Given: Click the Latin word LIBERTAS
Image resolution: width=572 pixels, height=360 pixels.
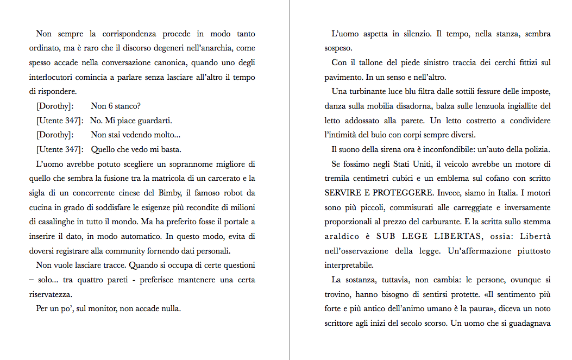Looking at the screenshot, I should coord(456,236).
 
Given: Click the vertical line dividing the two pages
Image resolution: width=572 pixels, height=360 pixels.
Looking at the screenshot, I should coord(290,180).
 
